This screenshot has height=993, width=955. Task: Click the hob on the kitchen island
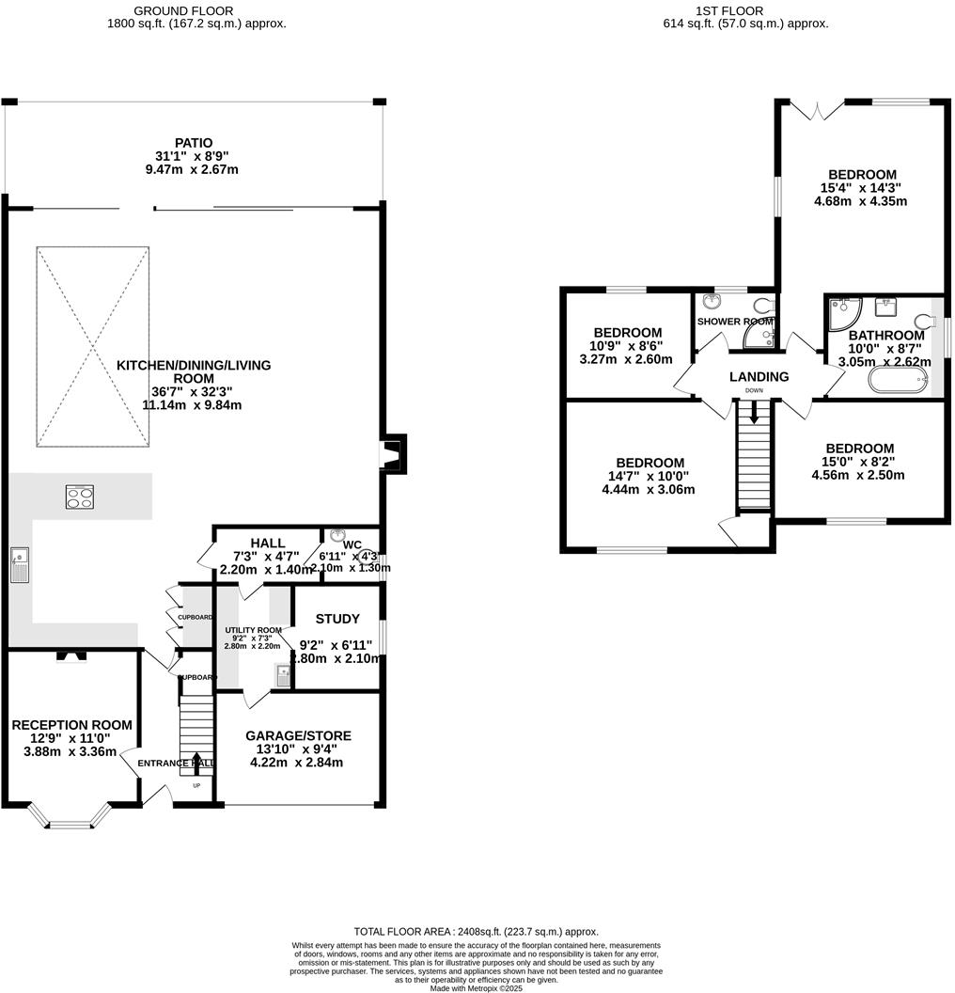[79, 496]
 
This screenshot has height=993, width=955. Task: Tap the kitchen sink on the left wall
[20, 565]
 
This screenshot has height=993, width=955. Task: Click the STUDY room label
[337, 619]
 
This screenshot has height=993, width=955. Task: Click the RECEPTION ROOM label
[71, 725]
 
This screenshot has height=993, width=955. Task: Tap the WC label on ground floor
[352, 544]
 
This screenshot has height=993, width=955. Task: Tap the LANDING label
[759, 377]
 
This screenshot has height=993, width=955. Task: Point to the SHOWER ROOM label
[734, 322]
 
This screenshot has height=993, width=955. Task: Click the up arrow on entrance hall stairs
[196, 762]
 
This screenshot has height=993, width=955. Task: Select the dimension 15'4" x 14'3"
[862, 188]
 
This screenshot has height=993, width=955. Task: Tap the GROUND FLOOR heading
[183, 10]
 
